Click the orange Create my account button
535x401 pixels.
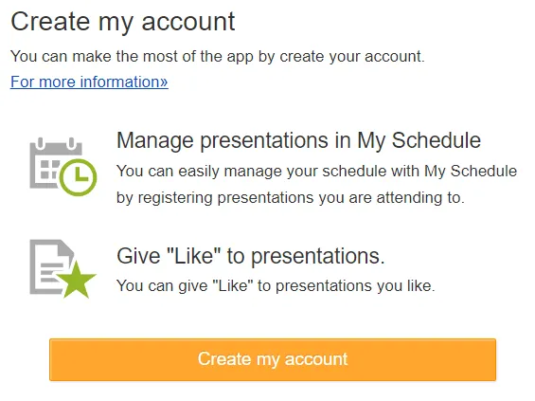[x=273, y=359]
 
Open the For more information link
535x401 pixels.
[x=89, y=82]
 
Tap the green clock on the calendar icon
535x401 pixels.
[x=79, y=177]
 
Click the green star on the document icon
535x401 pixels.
[x=77, y=280]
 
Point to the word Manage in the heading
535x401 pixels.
[x=155, y=140]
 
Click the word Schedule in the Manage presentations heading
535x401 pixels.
[x=437, y=140]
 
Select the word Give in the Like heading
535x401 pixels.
[x=138, y=256]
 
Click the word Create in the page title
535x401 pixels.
[x=50, y=22]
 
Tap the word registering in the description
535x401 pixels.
[x=175, y=198]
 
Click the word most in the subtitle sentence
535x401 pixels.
[x=161, y=56]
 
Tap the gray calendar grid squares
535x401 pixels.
[x=49, y=170]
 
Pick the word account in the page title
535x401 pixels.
[x=188, y=22]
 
